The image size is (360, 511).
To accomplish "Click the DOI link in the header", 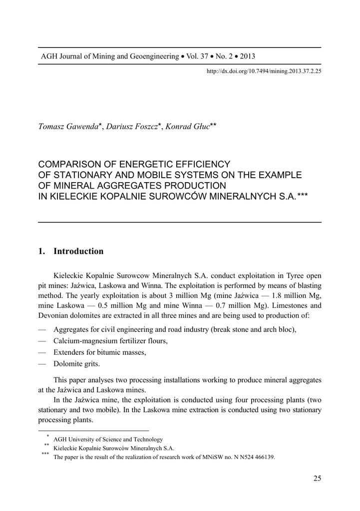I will [x=264, y=71].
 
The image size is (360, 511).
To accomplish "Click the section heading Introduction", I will [x=78, y=252].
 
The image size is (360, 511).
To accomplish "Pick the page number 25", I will [x=317, y=479].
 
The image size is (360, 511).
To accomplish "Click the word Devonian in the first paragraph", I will [x=52, y=315].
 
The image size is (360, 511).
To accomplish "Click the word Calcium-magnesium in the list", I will [x=85, y=341].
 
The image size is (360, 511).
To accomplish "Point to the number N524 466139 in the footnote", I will [x=255, y=457].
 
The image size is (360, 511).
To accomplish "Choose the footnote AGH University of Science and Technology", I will [x=108, y=439].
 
